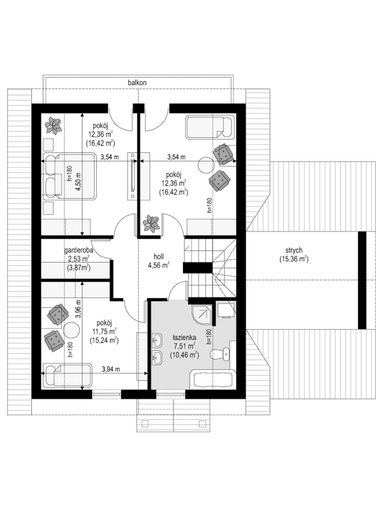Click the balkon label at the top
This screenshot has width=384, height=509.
coord(138,83)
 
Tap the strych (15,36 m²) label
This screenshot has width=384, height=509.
coord(293,255)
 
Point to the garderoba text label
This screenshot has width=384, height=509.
coord(78,251)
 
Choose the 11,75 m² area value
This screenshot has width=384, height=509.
coord(103,332)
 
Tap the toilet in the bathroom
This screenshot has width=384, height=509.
coord(223,355)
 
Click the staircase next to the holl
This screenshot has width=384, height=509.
coord(209,262)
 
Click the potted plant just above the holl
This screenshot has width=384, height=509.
coord(151,223)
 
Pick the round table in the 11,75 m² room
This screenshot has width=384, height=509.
coord(70,330)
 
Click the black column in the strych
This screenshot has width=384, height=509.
coord(362,281)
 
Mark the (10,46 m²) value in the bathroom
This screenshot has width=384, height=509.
coord(184,355)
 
